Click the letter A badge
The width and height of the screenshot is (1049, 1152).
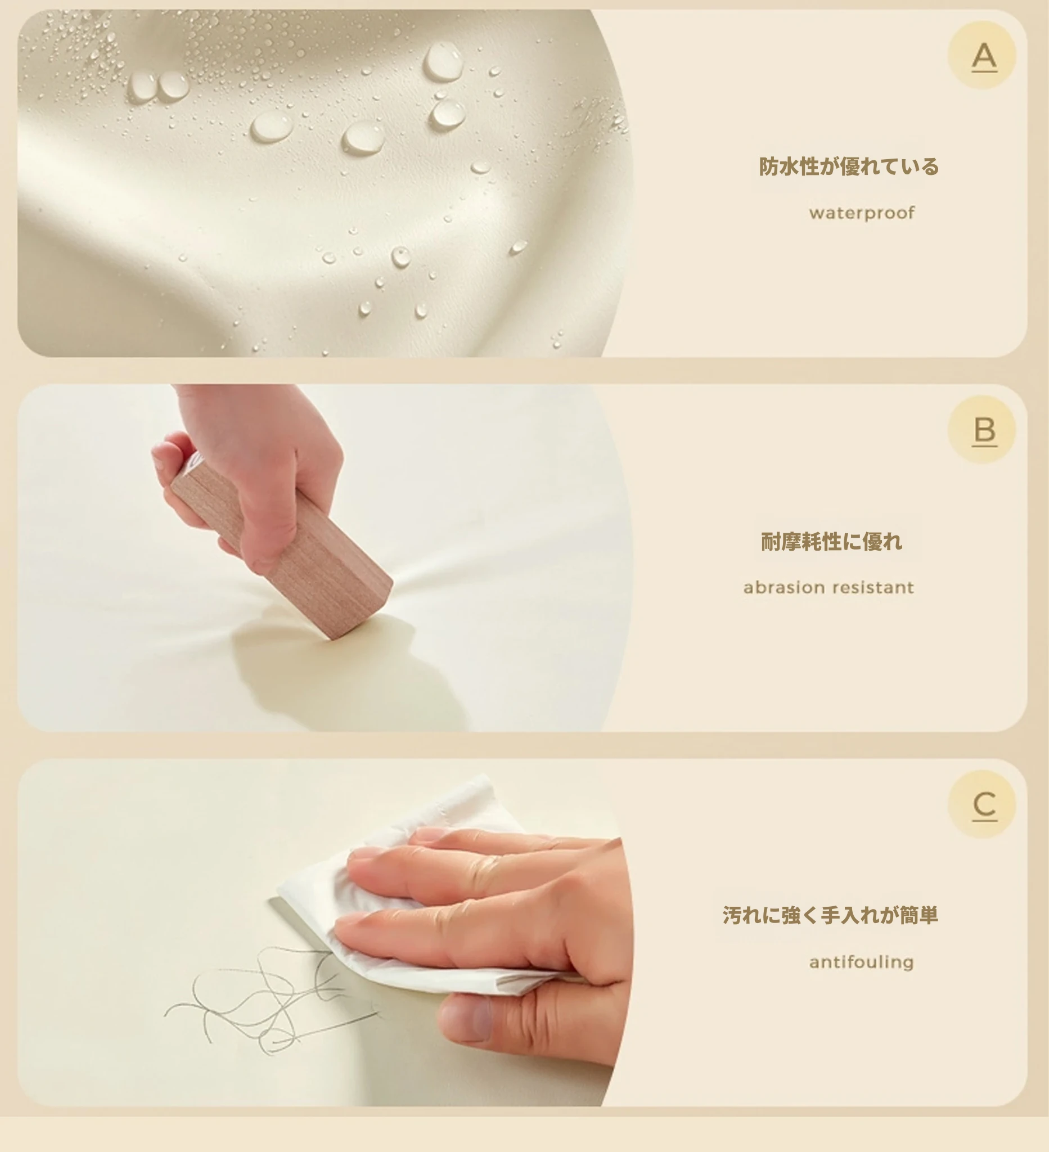click(982, 56)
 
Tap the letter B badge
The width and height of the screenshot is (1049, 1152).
click(982, 430)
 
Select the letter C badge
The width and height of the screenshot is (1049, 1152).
click(982, 804)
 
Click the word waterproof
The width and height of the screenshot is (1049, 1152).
click(862, 213)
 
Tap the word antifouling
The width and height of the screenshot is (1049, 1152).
click(862, 962)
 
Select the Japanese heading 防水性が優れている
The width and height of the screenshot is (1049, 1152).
click(849, 166)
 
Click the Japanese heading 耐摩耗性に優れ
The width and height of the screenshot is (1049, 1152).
click(831, 541)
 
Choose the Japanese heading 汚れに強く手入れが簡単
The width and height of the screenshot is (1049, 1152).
click(830, 915)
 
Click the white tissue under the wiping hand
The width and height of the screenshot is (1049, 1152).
click(400, 892)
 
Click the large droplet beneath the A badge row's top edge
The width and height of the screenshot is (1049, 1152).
click(443, 61)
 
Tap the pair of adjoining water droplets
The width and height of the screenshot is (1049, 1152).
click(158, 85)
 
